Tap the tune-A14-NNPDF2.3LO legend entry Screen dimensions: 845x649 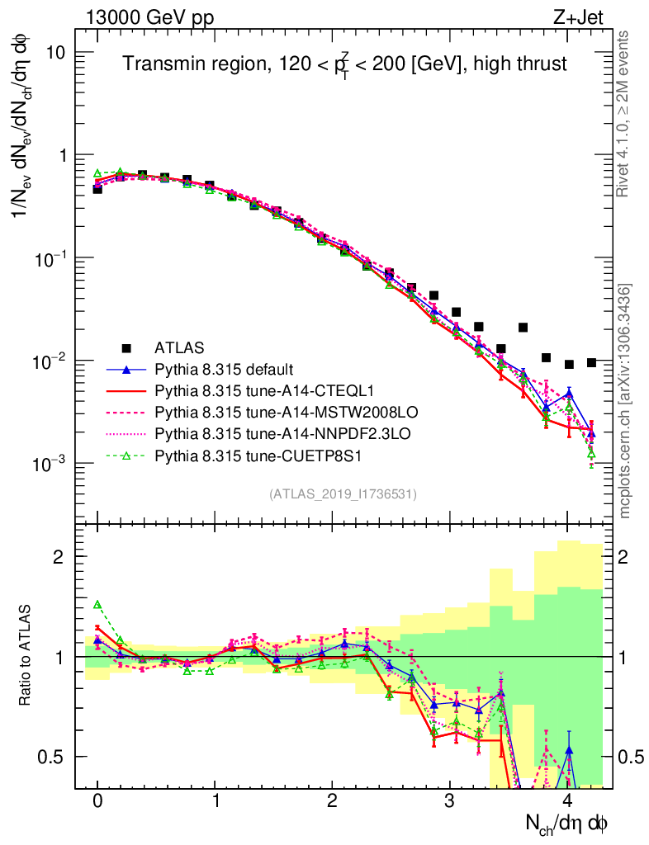click(272, 433)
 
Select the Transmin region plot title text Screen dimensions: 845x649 click(345, 65)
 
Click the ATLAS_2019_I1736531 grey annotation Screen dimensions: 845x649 click(343, 494)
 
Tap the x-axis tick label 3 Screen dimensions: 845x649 click(450, 802)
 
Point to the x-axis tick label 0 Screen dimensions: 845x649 click(97, 802)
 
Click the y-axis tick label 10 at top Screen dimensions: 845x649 click(54, 52)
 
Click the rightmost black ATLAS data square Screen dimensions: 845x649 click(591, 363)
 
